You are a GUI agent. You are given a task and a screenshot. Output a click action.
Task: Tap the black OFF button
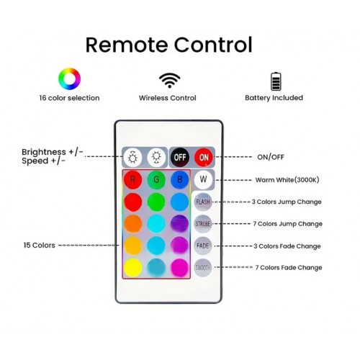[x=180, y=158]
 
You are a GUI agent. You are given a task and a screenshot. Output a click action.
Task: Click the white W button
[x=203, y=179]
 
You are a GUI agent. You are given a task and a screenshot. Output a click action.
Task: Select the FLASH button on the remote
[x=203, y=202]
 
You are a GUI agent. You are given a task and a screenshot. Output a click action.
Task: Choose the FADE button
[x=203, y=246]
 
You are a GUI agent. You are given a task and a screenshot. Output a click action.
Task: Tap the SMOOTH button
[x=203, y=268]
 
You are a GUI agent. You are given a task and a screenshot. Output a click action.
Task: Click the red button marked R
[x=132, y=180]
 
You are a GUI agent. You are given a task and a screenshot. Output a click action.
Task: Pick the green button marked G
[x=156, y=179]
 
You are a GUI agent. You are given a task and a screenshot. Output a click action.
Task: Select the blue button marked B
[x=179, y=179]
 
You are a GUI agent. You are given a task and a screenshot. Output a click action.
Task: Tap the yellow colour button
[x=133, y=268]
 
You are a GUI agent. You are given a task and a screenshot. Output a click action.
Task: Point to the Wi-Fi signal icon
[x=169, y=81]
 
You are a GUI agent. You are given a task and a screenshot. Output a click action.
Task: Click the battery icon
[x=276, y=81]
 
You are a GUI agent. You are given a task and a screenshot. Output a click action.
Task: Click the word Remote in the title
[x=127, y=45]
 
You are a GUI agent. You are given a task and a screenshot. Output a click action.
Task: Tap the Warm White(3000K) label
[x=287, y=180]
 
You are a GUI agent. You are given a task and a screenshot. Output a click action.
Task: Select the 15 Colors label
[x=40, y=246]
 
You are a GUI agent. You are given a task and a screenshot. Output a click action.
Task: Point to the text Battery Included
[x=274, y=98]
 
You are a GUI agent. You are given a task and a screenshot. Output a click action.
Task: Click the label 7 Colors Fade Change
[x=289, y=268]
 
